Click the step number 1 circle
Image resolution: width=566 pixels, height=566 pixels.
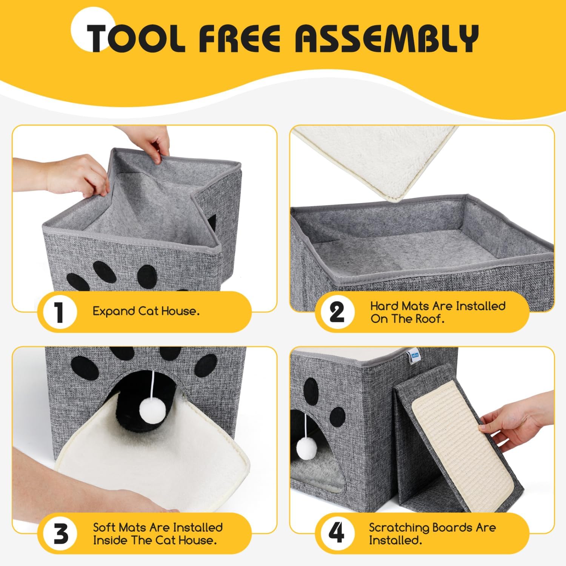pyautogui.click(x=59, y=312)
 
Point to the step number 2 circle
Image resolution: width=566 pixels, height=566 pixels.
pyautogui.click(x=337, y=312)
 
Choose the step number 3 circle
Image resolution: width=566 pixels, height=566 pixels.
pyautogui.click(x=59, y=534)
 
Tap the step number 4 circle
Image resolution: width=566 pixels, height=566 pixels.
pyautogui.click(x=337, y=534)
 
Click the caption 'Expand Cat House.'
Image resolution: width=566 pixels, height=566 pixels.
pyautogui.click(x=146, y=312)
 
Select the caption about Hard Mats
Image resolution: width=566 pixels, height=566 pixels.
pyautogui.click(x=438, y=312)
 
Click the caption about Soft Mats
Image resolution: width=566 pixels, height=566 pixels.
pyautogui.click(x=158, y=534)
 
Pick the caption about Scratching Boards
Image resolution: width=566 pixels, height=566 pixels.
pyautogui.click(x=432, y=534)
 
